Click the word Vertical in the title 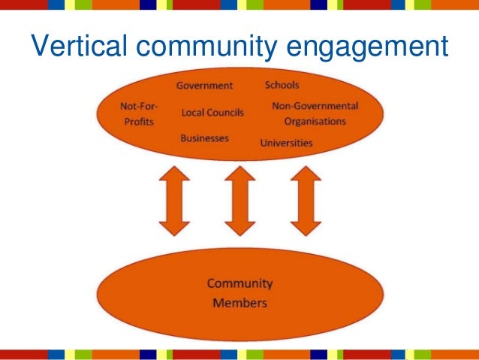[x=77, y=47]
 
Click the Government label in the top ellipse [x=204, y=85]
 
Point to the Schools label [x=282, y=85]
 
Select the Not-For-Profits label [x=139, y=113]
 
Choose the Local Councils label [x=212, y=113]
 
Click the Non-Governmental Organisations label [x=315, y=113]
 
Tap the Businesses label [x=204, y=138]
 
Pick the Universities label [x=286, y=142]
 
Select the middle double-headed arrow [x=239, y=201]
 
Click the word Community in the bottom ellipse [x=239, y=284]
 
